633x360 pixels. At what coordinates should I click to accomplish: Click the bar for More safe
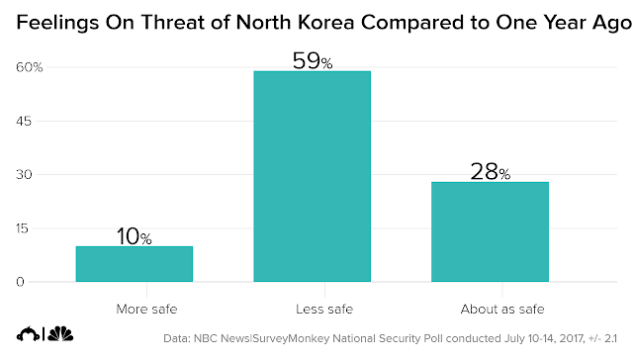pyautogui.click(x=135, y=264)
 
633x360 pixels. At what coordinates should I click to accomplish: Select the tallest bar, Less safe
pyautogui.click(x=313, y=176)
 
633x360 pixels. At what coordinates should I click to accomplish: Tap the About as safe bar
pyautogui.click(x=491, y=231)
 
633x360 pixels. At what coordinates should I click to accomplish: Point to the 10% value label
pyautogui.click(x=135, y=236)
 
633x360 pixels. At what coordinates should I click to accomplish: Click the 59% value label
pyautogui.click(x=313, y=61)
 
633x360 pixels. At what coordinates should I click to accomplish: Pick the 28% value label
pyautogui.click(x=491, y=172)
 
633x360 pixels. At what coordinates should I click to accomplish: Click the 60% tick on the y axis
pyautogui.click(x=29, y=67)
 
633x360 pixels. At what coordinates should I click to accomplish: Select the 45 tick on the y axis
pyautogui.click(x=24, y=121)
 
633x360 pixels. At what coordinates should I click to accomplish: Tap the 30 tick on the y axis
pyautogui.click(x=24, y=175)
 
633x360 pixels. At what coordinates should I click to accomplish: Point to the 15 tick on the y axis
pyautogui.click(x=23, y=228)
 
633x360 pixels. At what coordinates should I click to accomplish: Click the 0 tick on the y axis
pyautogui.click(x=20, y=282)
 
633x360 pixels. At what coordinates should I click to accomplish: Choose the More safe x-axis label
pyautogui.click(x=146, y=310)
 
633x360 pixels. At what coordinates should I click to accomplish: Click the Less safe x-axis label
pyautogui.click(x=324, y=310)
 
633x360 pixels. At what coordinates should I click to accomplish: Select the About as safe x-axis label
pyautogui.click(x=502, y=310)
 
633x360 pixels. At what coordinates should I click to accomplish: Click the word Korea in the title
pyautogui.click(x=325, y=22)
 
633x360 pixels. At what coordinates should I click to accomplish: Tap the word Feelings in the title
pyautogui.click(x=57, y=23)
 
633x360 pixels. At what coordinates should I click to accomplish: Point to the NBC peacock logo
pyautogui.click(x=60, y=333)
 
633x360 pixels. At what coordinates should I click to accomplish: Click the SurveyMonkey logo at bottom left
pyautogui.click(x=28, y=334)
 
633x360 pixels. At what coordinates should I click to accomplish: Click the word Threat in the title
pyautogui.click(x=173, y=22)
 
